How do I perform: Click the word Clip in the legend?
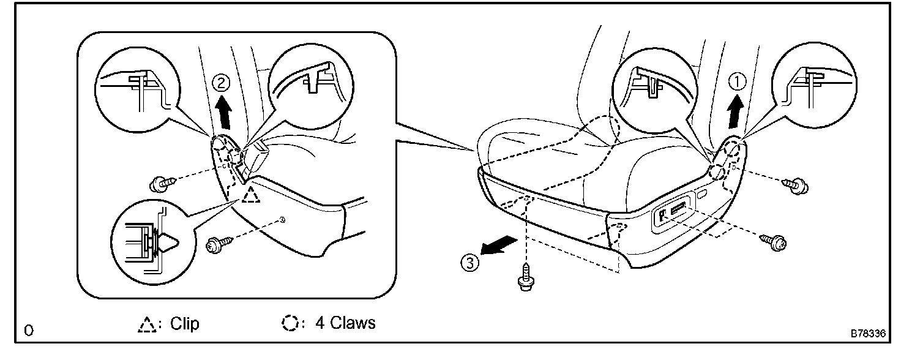point(185,323)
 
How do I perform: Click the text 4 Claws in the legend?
point(345,323)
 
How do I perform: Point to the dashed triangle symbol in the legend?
point(146,324)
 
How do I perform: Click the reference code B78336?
point(867,334)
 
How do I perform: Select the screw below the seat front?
point(525,279)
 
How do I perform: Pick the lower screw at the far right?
point(775,241)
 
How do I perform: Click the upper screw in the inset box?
point(163,182)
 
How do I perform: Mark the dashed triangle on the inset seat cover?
point(250,195)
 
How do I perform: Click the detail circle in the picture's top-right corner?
point(809,89)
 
